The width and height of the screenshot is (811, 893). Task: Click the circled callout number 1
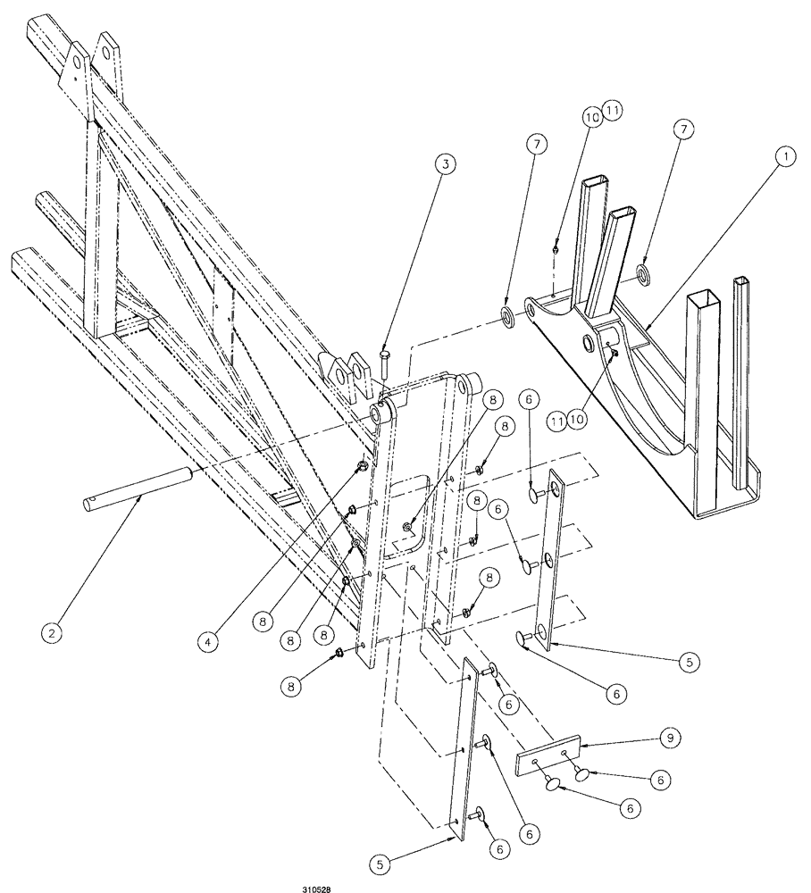point(785,155)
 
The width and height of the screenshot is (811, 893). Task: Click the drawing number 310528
point(317,889)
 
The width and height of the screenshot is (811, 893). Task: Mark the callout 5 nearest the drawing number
point(380,864)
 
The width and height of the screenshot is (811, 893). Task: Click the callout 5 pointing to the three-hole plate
point(689,662)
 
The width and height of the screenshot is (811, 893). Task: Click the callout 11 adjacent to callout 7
point(613,109)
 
